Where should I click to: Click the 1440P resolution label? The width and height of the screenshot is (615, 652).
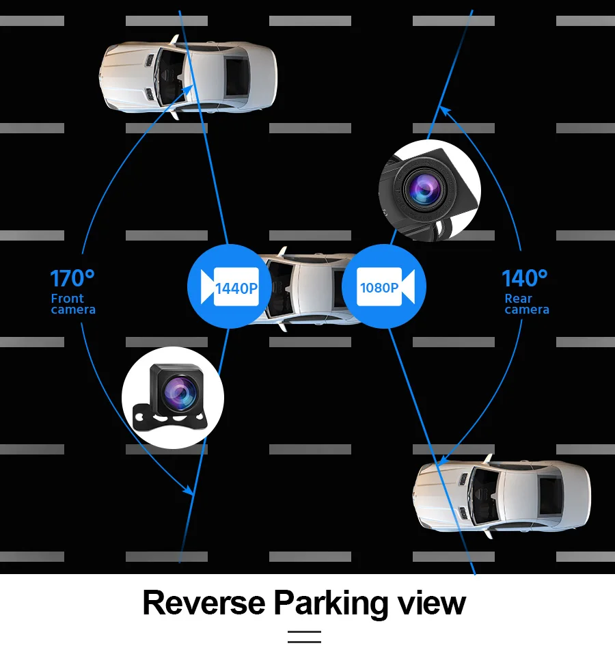click(x=236, y=288)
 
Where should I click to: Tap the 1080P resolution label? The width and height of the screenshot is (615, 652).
click(x=379, y=288)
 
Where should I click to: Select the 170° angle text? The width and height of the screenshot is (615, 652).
click(x=72, y=279)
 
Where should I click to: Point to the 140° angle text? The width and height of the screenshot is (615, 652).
click(x=524, y=279)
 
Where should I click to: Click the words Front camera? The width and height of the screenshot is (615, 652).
click(x=72, y=304)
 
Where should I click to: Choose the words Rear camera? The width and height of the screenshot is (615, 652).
click(x=526, y=304)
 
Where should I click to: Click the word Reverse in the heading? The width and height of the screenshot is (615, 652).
click(x=203, y=603)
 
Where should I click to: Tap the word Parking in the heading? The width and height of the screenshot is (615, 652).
click(x=329, y=603)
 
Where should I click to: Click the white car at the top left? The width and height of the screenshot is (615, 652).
click(x=189, y=77)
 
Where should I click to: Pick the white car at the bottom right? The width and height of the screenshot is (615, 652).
click(x=502, y=494)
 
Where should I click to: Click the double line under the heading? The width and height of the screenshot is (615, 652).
click(x=304, y=637)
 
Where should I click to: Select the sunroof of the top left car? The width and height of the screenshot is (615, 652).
click(x=237, y=77)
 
